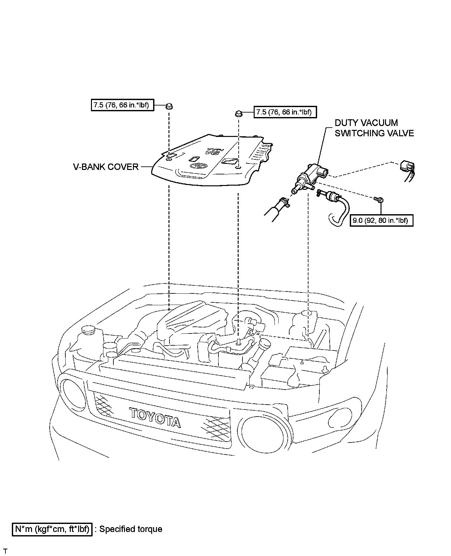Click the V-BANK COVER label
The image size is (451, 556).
coord(106,167)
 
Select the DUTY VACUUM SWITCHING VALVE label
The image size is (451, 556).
coord(374,128)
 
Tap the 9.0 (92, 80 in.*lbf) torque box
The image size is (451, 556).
coord(381,220)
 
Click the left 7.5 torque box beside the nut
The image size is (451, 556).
coord(122,105)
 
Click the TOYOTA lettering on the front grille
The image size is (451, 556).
coord(155,417)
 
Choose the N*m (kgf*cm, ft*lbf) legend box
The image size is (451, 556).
coord(52,529)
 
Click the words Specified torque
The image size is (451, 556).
coord(130,529)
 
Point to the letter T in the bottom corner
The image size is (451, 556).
coord(5,551)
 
